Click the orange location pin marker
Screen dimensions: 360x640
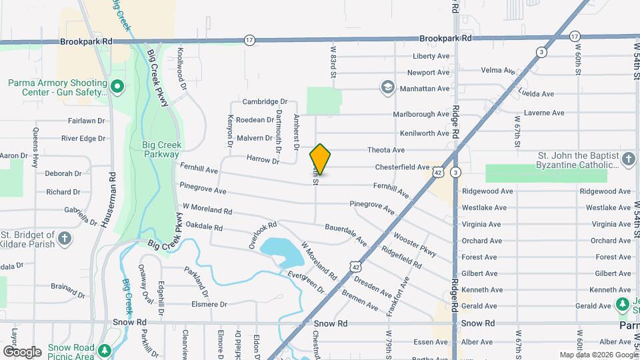click(x=320, y=159)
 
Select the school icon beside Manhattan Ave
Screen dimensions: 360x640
click(x=387, y=87)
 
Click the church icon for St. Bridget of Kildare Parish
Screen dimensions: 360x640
click(x=64, y=238)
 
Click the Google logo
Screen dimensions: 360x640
click(x=22, y=351)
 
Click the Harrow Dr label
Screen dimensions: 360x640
click(x=263, y=160)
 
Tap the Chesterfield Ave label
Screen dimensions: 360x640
click(x=402, y=167)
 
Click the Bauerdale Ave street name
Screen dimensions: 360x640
click(x=345, y=233)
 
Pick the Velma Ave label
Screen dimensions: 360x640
click(x=498, y=70)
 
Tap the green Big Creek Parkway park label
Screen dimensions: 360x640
click(x=162, y=149)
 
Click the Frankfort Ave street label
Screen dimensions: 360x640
click(x=399, y=299)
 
